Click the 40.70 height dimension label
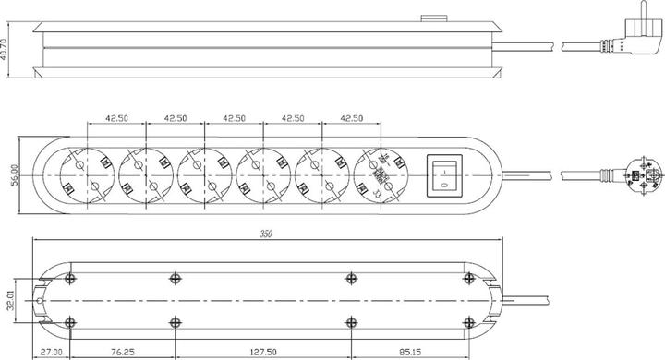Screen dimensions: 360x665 [x=6, y=47]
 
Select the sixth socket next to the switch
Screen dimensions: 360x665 [x=381, y=174]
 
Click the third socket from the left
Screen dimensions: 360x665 [x=204, y=174]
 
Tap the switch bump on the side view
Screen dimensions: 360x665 [x=429, y=17]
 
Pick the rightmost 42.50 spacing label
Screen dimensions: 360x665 [x=352, y=119]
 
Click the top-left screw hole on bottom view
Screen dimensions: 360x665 [x=70, y=278]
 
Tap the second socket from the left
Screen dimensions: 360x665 [x=145, y=174]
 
